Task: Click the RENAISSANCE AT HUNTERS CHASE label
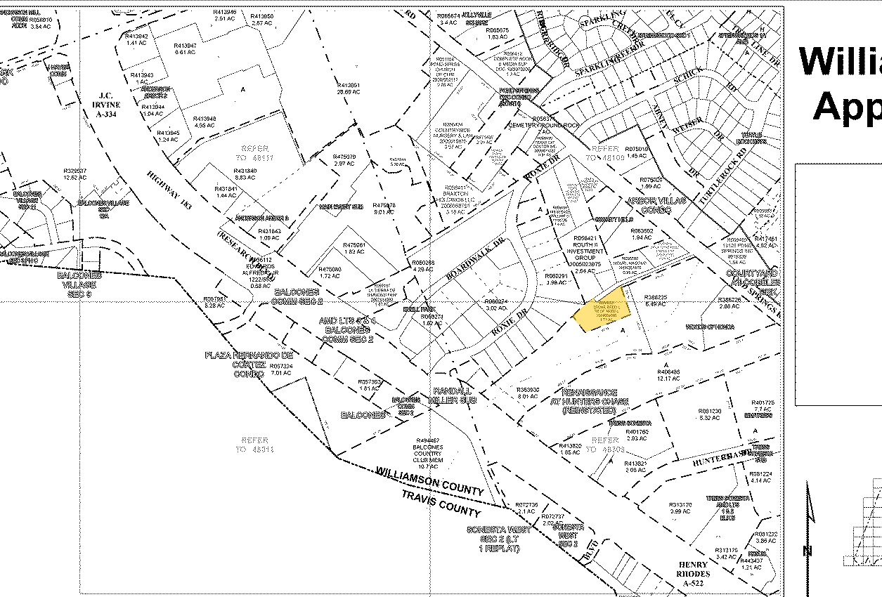click(x=595, y=401)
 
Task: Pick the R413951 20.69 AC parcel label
click(x=348, y=88)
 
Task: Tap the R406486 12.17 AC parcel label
click(x=668, y=375)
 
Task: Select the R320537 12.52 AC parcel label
click(x=74, y=174)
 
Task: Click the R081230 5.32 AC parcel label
click(x=710, y=414)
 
